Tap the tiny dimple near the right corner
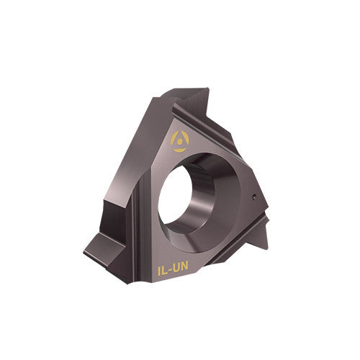point(254,195)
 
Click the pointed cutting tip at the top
point(205,91)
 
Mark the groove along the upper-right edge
point(230,130)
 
